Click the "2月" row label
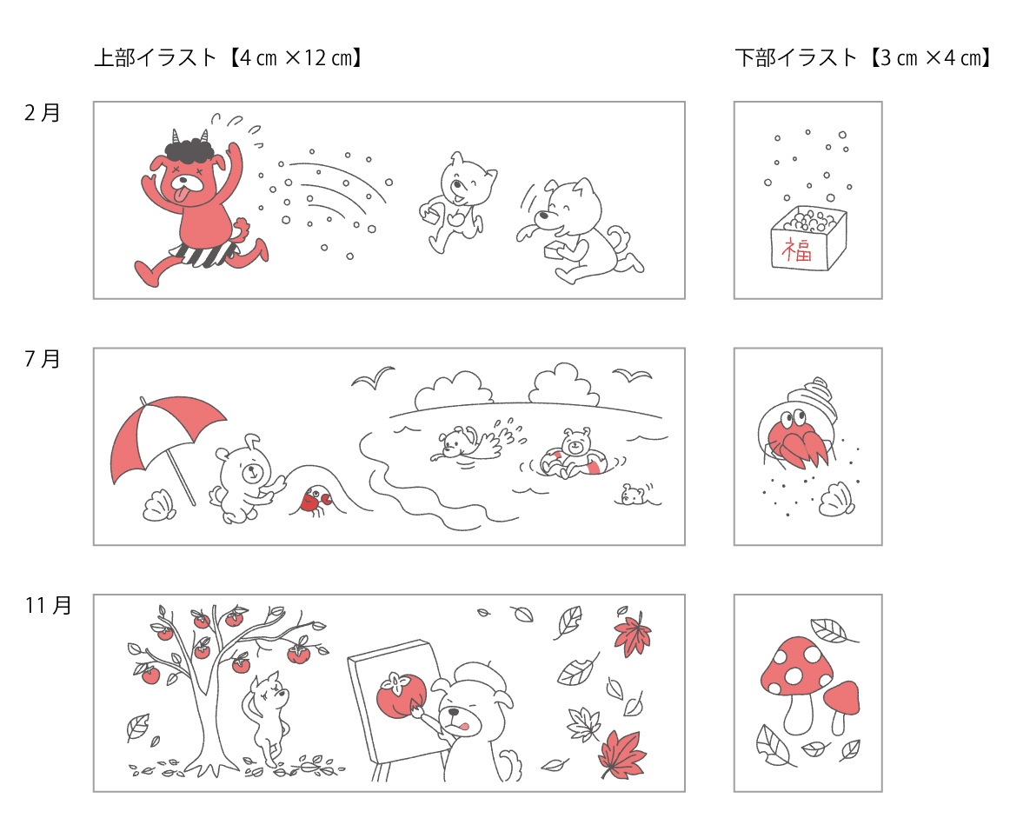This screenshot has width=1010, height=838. [42, 113]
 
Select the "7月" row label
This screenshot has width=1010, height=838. [42, 359]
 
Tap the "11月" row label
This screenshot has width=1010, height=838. [48, 606]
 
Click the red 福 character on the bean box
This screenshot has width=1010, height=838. [796, 249]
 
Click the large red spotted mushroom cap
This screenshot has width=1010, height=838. [796, 666]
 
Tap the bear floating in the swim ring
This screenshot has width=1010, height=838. [574, 454]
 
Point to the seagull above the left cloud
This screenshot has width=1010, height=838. [373, 376]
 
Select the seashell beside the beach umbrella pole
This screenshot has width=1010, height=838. [158, 506]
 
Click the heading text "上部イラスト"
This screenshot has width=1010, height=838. [156, 58]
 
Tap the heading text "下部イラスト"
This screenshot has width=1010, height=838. [796, 58]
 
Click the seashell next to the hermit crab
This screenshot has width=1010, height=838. [837, 499]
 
